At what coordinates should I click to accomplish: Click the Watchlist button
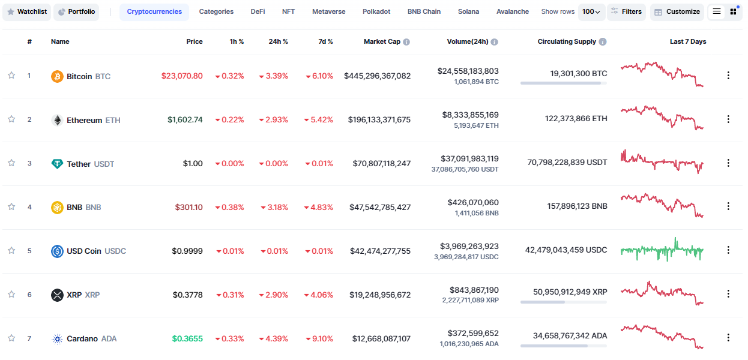[26, 12]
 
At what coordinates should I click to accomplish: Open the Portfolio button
[76, 12]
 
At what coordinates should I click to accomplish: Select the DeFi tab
[258, 12]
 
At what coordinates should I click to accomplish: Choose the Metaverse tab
[328, 12]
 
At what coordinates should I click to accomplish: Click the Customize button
[677, 12]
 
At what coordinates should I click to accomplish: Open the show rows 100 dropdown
[591, 12]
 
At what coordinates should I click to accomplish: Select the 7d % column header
[325, 42]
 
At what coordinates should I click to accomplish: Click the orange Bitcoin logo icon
[57, 76]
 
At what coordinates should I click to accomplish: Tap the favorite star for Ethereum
[11, 119]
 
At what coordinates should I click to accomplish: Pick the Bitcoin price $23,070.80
[182, 76]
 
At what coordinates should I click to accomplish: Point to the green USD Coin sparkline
[662, 250]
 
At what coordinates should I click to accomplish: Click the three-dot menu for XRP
[728, 294]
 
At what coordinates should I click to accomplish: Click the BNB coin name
[74, 208]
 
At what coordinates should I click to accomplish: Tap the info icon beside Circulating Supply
[603, 42]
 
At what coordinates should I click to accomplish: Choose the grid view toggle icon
[733, 12]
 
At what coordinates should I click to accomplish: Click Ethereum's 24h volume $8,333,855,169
[470, 115]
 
